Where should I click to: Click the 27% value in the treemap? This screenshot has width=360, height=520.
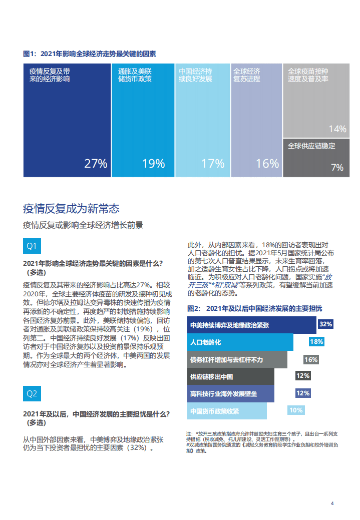pos(96,163)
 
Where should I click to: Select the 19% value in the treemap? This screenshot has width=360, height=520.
pos(153,163)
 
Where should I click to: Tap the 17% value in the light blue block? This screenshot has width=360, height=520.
pos(213,163)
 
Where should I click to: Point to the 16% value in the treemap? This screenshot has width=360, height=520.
pos(267,163)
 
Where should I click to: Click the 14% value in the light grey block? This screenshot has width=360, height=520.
pos(337,129)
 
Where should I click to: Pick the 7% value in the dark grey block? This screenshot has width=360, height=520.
pos(337,168)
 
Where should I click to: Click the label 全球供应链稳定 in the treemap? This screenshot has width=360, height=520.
pos(311,146)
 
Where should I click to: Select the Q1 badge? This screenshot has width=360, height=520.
pos(32,246)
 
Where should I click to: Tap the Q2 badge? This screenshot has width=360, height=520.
pos(32,393)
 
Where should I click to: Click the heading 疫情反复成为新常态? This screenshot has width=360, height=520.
pos(71,208)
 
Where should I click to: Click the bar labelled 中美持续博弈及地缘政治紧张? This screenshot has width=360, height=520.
pos(252,325)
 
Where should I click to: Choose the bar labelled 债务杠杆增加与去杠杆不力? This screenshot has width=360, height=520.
pos(237,359)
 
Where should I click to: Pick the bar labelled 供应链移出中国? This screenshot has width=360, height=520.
pos(231,376)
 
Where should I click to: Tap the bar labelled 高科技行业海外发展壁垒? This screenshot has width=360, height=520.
pos(231,393)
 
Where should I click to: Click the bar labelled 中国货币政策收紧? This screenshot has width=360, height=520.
pos(227,411)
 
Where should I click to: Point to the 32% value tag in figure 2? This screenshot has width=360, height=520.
pos(325,324)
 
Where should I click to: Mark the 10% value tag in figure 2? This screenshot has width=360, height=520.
pos(296,410)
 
